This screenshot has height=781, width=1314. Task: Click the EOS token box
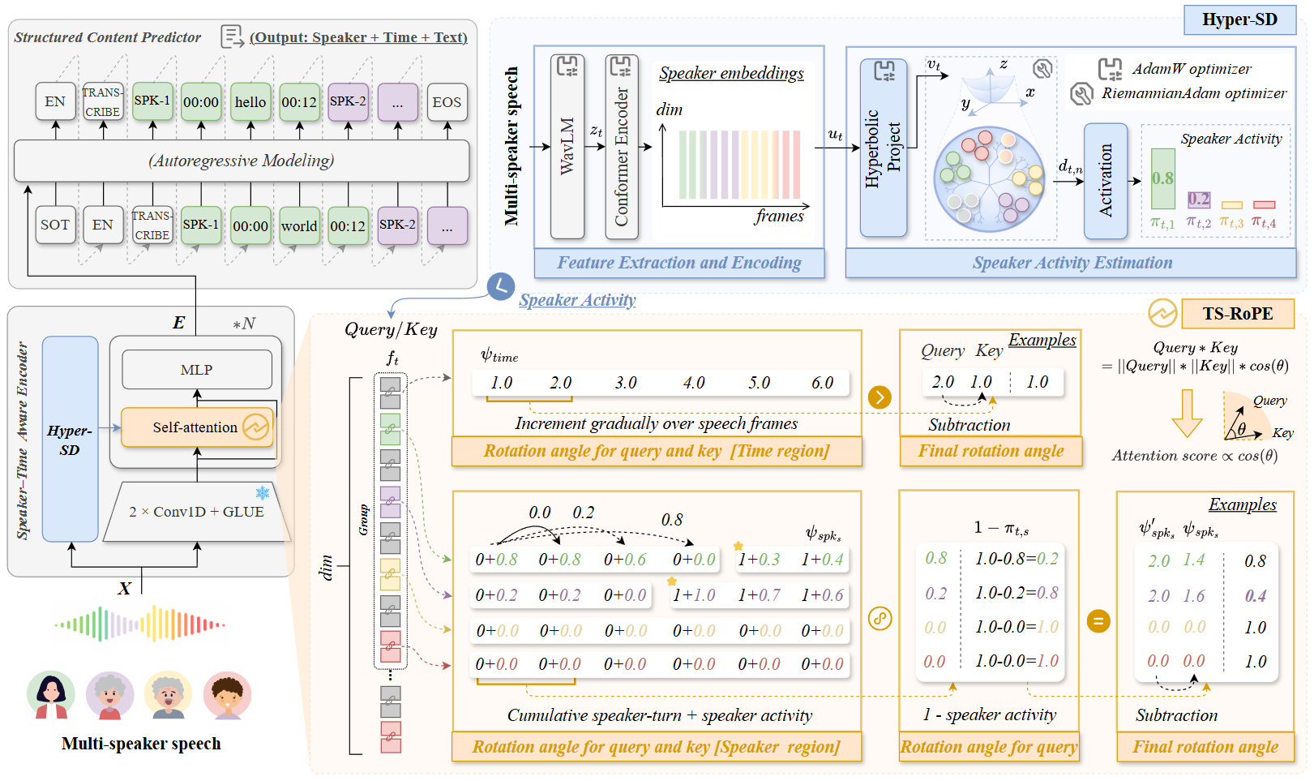(447, 102)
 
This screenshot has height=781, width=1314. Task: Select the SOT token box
(55, 225)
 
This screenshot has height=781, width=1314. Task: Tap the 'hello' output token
(250, 102)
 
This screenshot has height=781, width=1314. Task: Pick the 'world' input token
(299, 226)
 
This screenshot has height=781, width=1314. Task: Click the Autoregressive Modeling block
(242, 161)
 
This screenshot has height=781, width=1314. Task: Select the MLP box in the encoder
(197, 370)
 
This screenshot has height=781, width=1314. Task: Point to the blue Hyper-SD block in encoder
(70, 439)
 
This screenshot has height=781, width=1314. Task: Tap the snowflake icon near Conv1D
(263, 493)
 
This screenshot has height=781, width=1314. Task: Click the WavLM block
(567, 146)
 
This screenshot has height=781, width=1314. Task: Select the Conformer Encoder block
(622, 146)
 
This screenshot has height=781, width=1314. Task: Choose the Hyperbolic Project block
(883, 148)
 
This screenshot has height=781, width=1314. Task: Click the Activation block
(1106, 180)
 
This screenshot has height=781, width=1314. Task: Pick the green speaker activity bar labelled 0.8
(1163, 178)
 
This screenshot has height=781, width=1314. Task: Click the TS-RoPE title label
(1237, 314)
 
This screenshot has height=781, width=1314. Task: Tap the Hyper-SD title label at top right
(1239, 19)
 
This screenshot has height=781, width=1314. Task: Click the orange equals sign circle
(1098, 622)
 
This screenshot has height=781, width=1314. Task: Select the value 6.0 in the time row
(822, 383)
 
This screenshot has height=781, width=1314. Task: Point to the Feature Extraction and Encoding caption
(678, 263)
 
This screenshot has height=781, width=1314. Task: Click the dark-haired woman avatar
(51, 695)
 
